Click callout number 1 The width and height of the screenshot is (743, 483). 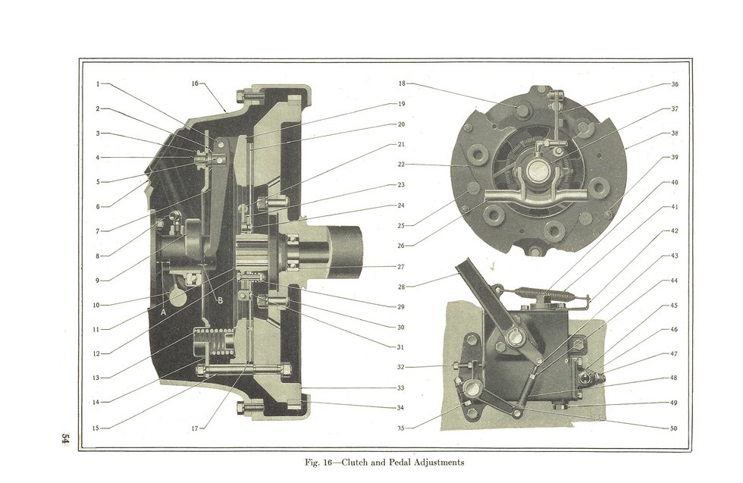pyautogui.click(x=99, y=83)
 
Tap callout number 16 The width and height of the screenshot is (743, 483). pyautogui.click(x=195, y=83)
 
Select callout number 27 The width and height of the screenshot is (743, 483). pyautogui.click(x=401, y=266)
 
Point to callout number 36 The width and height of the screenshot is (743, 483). pyautogui.click(x=674, y=84)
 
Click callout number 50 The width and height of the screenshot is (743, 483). pyautogui.click(x=674, y=428)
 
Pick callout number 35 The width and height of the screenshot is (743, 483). pyautogui.click(x=401, y=428)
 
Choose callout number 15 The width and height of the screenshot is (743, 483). pyautogui.click(x=96, y=428)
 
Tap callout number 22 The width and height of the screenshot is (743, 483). pyautogui.click(x=401, y=164)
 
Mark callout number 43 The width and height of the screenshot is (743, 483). pyautogui.click(x=674, y=256)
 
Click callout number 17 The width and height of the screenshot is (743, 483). pyautogui.click(x=195, y=428)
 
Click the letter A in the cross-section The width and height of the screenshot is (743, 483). pyautogui.click(x=164, y=311)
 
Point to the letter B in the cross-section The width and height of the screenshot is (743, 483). pyautogui.click(x=220, y=301)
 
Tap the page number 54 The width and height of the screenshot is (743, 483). pyautogui.click(x=66, y=440)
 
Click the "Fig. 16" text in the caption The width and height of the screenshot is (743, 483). pyautogui.click(x=318, y=462)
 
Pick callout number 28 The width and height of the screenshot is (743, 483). pyautogui.click(x=401, y=287)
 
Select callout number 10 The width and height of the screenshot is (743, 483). pyautogui.click(x=96, y=305)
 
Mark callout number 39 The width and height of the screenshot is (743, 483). pyautogui.click(x=674, y=158)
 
